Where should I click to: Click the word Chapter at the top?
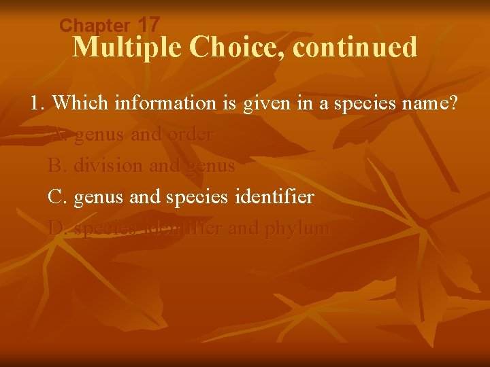(x=94, y=26)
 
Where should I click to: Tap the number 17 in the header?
(x=148, y=24)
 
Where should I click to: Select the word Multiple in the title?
(x=128, y=48)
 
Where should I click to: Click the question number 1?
(x=37, y=103)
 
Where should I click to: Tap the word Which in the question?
(x=81, y=103)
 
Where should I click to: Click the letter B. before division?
(x=57, y=166)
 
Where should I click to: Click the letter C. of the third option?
(x=57, y=197)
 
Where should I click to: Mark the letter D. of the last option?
(x=58, y=228)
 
